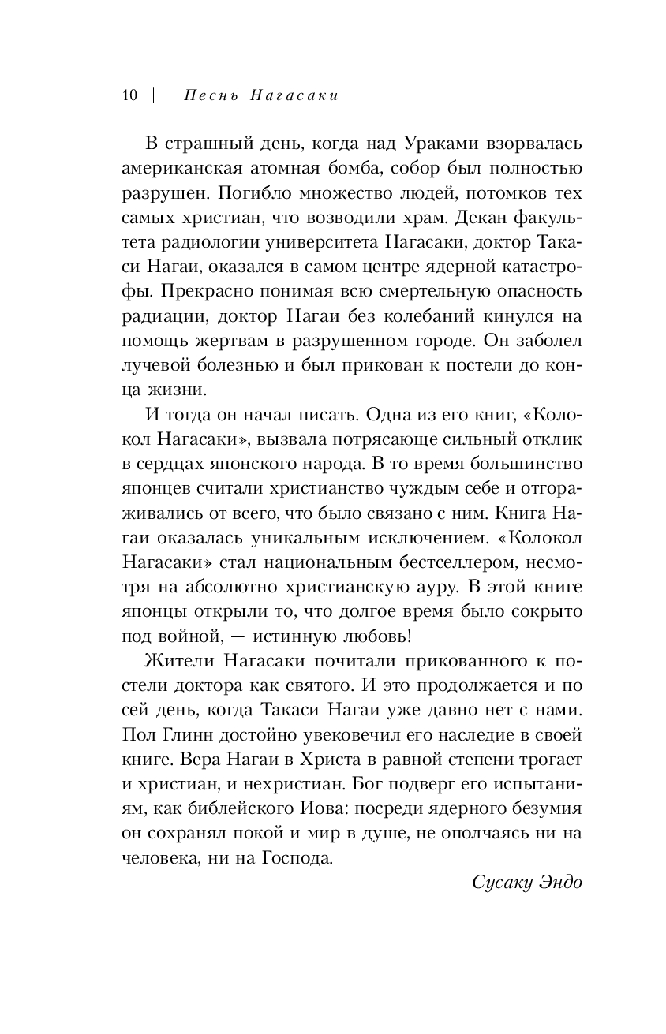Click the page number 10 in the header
click(x=129, y=95)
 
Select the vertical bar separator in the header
click(x=153, y=95)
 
